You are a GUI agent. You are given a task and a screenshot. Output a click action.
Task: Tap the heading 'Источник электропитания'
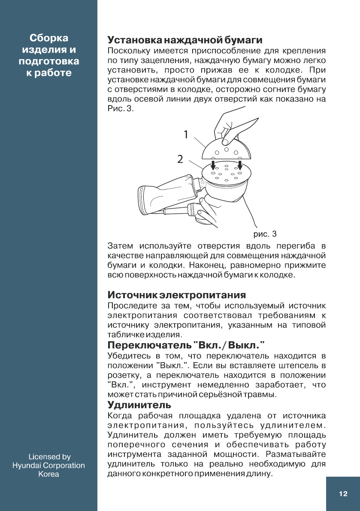coord(176,295)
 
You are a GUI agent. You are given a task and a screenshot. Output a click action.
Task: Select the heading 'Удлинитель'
coord(139,405)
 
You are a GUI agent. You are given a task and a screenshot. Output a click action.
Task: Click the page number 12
coord(343,494)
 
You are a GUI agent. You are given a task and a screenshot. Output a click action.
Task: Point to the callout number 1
coord(185,135)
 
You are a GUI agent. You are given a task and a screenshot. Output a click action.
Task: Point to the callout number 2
coord(180,159)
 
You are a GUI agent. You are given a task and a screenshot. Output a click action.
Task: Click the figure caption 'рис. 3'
coord(265,234)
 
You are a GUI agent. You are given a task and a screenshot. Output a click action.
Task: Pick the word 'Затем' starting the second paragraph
coord(121,246)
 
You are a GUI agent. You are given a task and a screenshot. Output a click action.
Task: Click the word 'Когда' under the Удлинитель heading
coord(119,416)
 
